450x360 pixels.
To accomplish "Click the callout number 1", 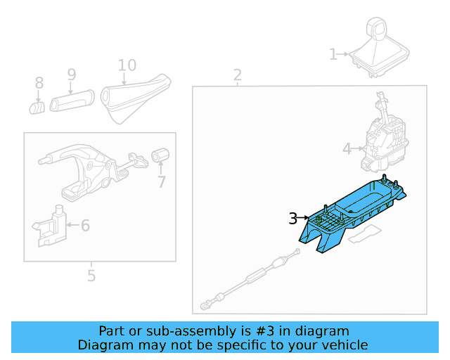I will (x=333, y=53).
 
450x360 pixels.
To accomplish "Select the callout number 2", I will (x=238, y=75).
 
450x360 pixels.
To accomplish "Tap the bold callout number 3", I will (x=293, y=219).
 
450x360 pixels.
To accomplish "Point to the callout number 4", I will (x=347, y=149).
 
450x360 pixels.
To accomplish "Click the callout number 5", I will (x=91, y=276).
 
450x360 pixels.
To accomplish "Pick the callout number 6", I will (x=85, y=226).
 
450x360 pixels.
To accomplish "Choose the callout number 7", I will (x=162, y=182).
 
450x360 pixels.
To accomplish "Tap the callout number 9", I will (x=71, y=74).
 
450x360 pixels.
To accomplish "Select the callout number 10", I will (x=127, y=65).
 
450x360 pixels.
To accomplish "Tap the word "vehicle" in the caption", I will (x=344, y=345).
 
